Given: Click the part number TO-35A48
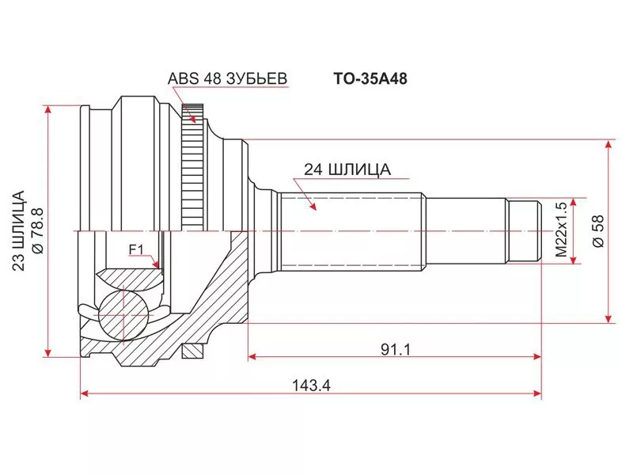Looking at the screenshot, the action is click(x=370, y=78).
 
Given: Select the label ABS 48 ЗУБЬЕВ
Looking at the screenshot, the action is click(x=227, y=78).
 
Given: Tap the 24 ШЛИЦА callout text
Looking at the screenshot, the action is click(x=347, y=169).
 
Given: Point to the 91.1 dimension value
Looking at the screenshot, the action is click(x=396, y=349).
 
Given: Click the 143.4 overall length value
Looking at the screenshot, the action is click(x=311, y=386).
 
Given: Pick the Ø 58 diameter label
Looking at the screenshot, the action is click(x=598, y=231).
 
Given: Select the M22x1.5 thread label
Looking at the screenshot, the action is click(x=562, y=230).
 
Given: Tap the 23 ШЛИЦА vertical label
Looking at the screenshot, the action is click(x=18, y=230).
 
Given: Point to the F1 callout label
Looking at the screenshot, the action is click(x=136, y=250).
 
